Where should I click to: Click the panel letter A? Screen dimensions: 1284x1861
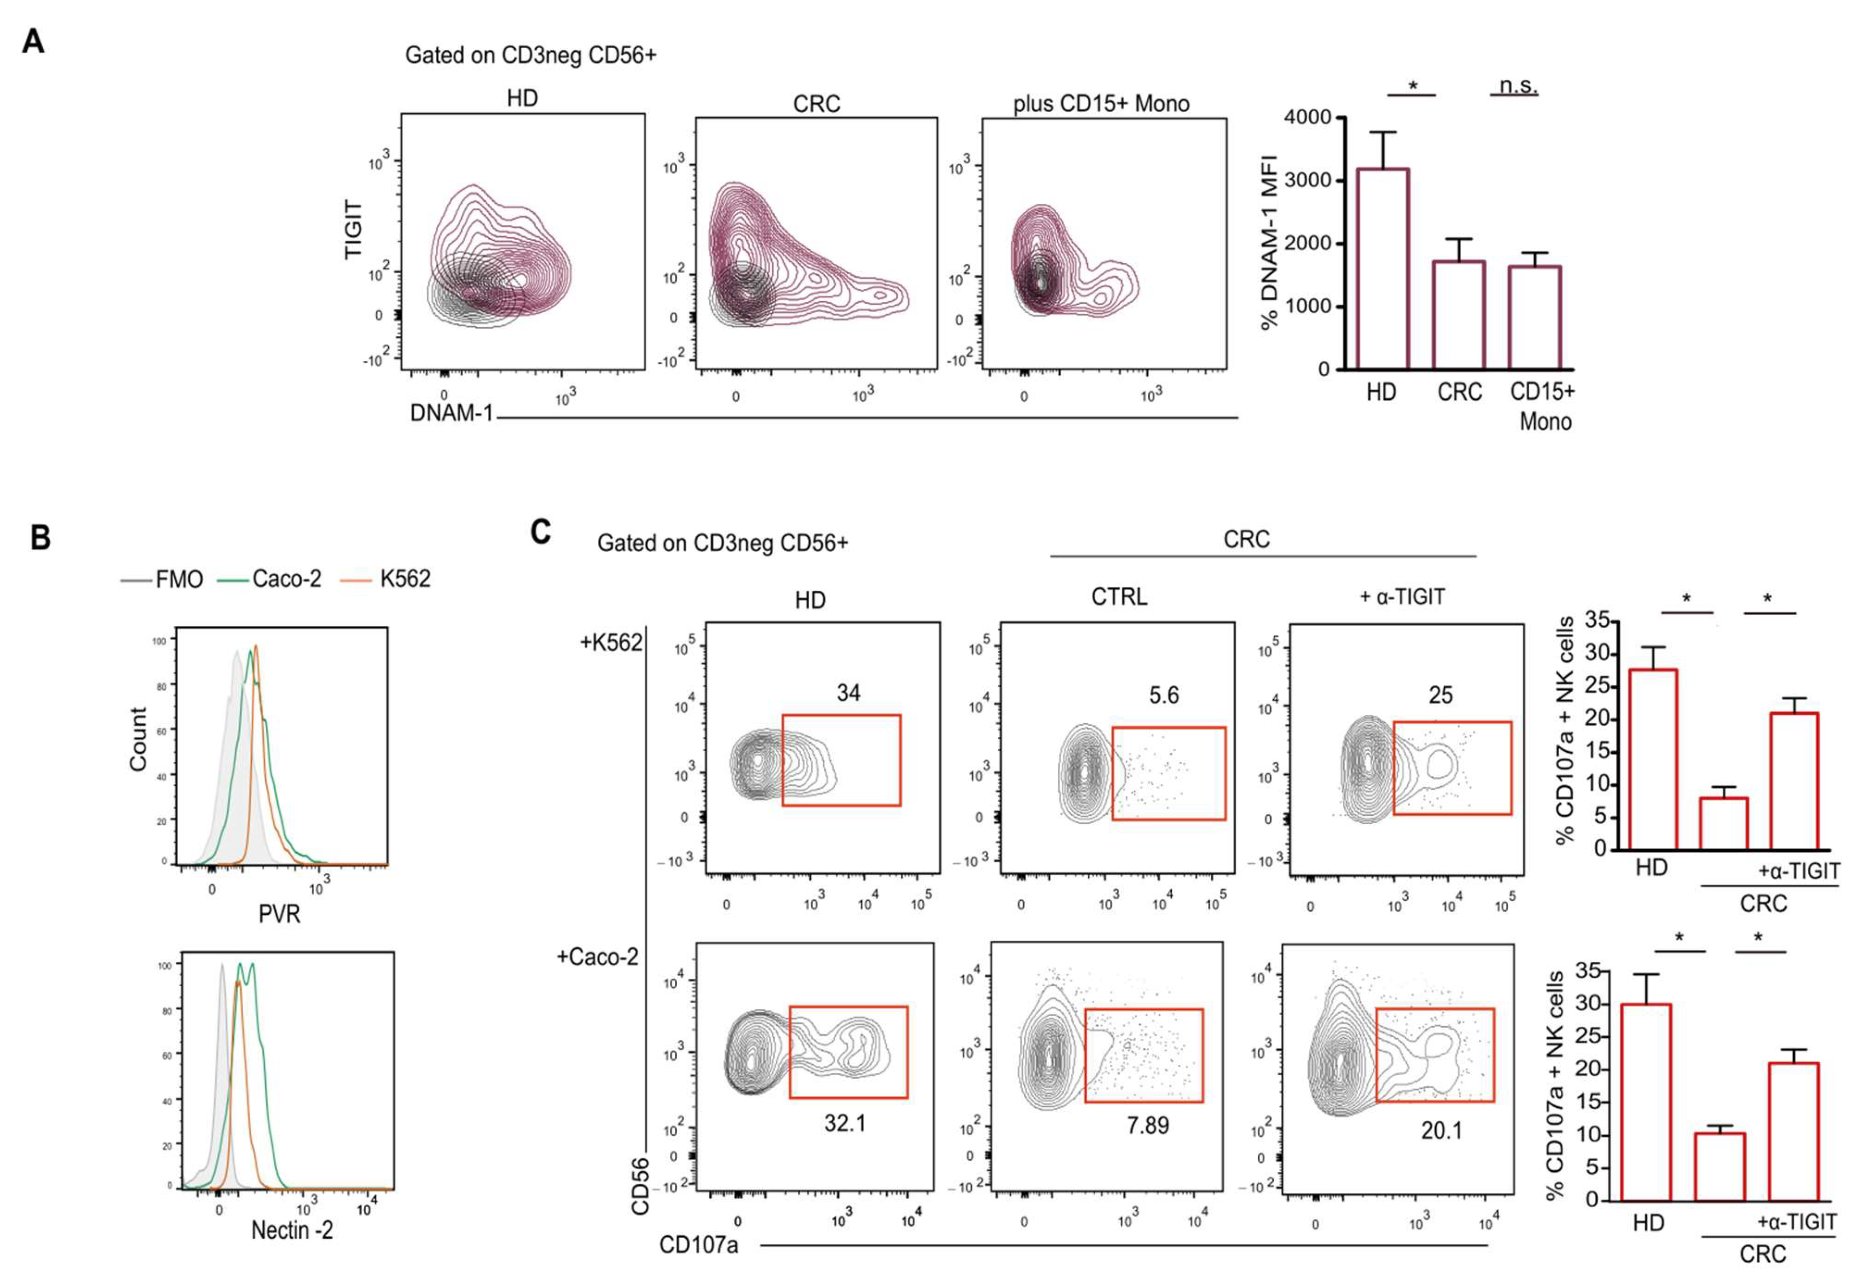tap(33, 40)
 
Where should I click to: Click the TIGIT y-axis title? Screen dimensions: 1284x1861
tap(354, 230)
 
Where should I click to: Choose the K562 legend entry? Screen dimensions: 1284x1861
tap(405, 579)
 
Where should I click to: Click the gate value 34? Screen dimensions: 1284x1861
tap(849, 693)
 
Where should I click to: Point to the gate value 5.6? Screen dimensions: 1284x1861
tap(1164, 694)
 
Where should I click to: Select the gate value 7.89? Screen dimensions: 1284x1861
tap(1147, 1124)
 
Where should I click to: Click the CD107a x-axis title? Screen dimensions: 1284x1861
tap(698, 1245)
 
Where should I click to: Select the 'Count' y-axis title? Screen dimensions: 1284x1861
tap(138, 739)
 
